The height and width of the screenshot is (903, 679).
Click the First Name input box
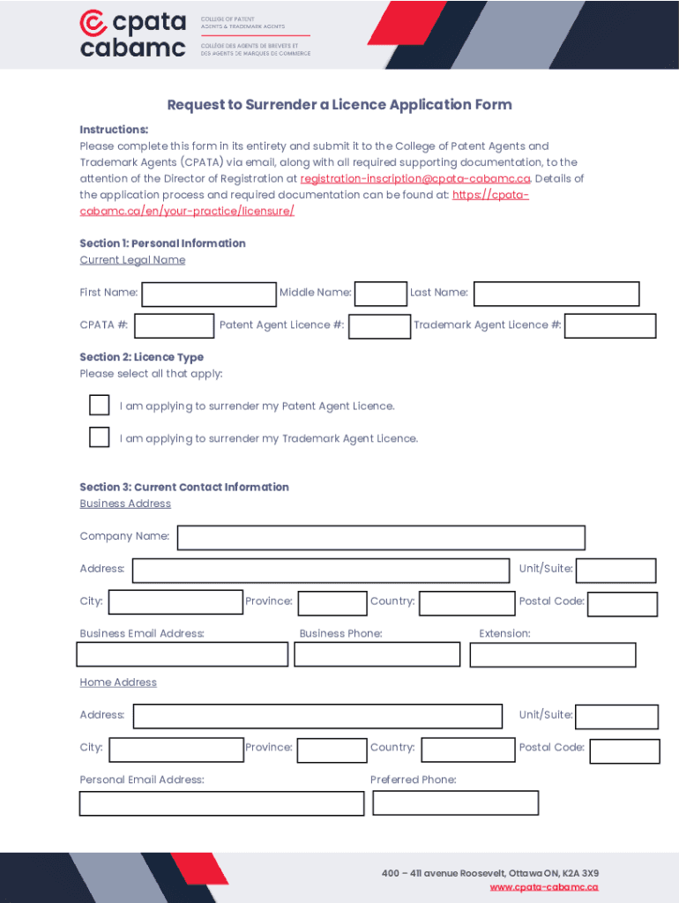point(209,294)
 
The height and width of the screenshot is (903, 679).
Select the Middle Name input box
point(381,294)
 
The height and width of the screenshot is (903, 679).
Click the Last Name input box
point(556,294)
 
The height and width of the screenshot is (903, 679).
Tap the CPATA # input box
point(174,326)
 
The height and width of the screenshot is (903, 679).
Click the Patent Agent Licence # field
point(379,326)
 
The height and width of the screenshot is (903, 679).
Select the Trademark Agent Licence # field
point(610,326)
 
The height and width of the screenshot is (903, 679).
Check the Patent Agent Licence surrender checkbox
point(100,405)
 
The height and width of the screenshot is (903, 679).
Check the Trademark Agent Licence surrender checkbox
point(100,437)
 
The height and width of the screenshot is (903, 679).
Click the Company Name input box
point(381,538)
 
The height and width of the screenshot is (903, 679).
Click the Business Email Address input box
point(183,654)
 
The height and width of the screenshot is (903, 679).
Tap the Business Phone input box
point(377,654)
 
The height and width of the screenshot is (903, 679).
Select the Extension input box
point(553,654)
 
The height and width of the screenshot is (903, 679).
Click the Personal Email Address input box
point(221,803)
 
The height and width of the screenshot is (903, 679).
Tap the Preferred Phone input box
point(456,802)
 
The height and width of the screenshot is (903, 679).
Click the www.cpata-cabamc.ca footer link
point(544,887)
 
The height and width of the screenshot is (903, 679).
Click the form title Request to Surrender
point(339,105)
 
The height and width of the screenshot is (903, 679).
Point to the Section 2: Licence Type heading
point(141,357)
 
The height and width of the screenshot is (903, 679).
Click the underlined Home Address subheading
point(118,683)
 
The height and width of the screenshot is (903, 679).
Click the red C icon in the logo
point(93,22)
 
